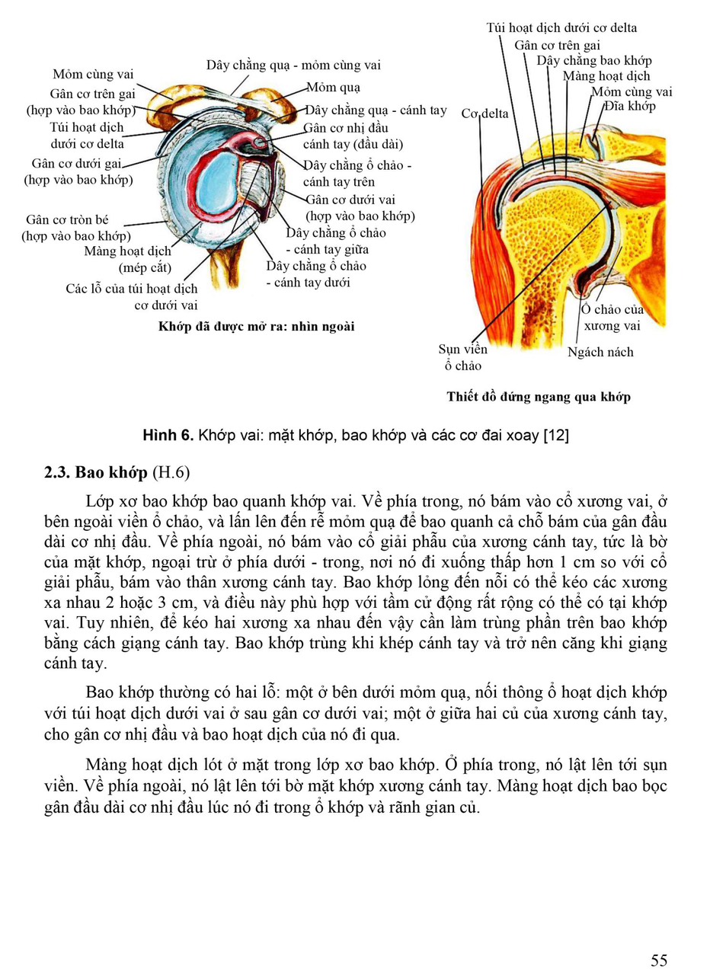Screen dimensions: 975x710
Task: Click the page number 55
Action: point(659,961)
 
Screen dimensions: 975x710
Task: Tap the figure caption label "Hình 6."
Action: point(168,435)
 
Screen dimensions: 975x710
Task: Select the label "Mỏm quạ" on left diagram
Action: point(334,88)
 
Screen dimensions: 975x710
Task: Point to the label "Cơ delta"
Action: point(485,114)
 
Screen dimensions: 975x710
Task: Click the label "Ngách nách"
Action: point(600,352)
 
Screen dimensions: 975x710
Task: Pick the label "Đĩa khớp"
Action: point(630,106)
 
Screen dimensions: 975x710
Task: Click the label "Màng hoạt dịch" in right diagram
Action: point(606,75)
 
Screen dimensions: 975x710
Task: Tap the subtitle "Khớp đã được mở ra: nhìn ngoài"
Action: point(256,326)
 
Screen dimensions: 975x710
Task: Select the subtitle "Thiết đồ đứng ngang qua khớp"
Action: point(539,396)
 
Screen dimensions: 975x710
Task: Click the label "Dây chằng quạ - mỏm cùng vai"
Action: point(293,65)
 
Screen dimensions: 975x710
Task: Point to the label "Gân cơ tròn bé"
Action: point(67,219)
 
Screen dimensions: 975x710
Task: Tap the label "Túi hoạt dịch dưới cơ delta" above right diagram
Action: point(561,27)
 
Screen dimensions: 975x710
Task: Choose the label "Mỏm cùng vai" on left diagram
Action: point(93,74)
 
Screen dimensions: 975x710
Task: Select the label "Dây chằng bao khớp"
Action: point(594,60)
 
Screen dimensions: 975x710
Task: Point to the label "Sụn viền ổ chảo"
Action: point(462,356)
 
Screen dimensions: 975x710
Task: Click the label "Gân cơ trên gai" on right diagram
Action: point(557,44)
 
